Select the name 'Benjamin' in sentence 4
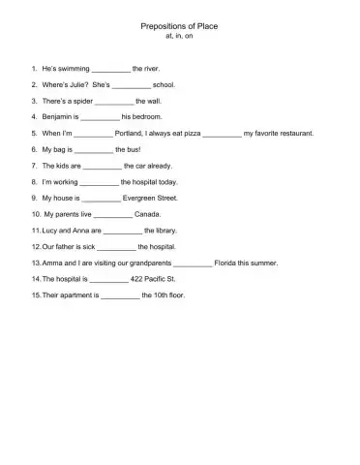[61, 116]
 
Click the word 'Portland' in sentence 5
[131, 132]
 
